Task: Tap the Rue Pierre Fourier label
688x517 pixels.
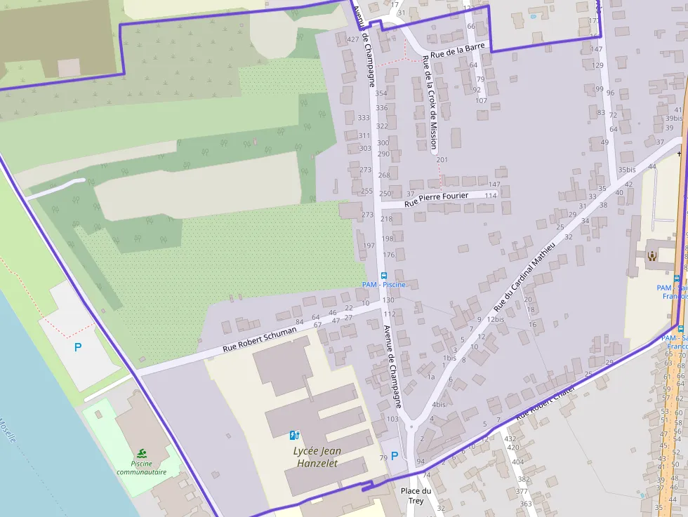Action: click(x=437, y=199)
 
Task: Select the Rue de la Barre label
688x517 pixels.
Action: click(x=458, y=50)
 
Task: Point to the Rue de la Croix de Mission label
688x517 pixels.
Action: click(x=429, y=102)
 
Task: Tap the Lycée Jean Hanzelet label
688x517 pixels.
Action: click(x=315, y=457)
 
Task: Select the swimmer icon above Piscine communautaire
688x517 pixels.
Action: click(x=143, y=454)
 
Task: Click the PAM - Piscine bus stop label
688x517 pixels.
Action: click(x=383, y=284)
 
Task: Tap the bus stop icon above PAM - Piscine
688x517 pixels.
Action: click(x=383, y=275)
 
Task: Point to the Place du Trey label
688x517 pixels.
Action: click(x=416, y=495)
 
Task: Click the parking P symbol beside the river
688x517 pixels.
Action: click(x=78, y=347)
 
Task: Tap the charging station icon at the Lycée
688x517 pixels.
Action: click(x=294, y=436)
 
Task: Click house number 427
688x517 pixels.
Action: click(x=352, y=39)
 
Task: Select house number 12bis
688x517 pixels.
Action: click(x=495, y=319)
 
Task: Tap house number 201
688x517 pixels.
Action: click(x=442, y=160)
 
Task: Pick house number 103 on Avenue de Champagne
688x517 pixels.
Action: click(x=392, y=419)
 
